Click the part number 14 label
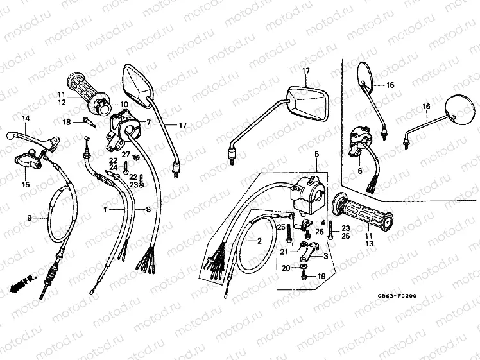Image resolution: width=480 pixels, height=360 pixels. [x=26, y=119]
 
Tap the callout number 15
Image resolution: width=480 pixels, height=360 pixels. [x=26, y=185]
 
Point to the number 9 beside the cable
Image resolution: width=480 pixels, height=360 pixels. [x=29, y=218]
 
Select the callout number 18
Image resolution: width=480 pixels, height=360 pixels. [x=67, y=122]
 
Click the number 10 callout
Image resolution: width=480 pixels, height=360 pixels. [x=124, y=104]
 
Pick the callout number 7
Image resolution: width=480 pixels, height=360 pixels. [x=148, y=122]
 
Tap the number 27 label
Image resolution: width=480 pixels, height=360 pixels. [x=126, y=155]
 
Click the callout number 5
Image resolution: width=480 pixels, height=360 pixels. [x=316, y=155]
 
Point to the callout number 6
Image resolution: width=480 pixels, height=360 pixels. [x=360, y=171]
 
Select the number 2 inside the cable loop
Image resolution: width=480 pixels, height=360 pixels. [x=260, y=241]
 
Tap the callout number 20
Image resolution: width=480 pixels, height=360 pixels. [x=286, y=268]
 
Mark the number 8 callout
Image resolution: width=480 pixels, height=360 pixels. [x=148, y=209]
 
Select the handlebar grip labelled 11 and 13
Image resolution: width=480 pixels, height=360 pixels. [x=364, y=211]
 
